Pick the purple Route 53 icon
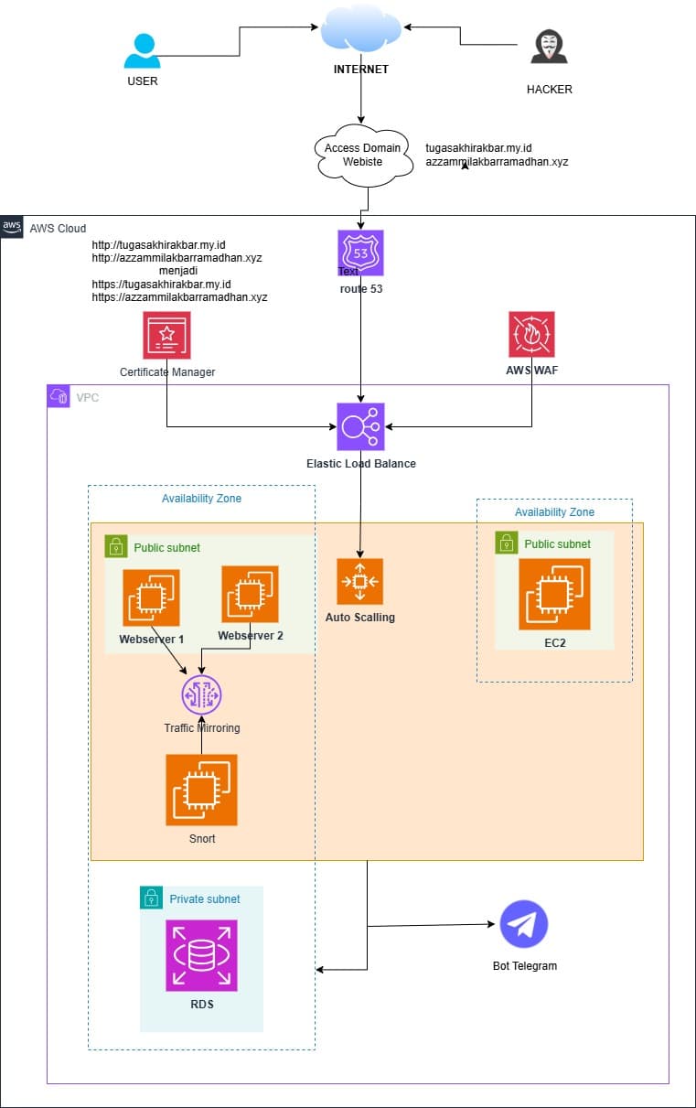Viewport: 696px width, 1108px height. click(x=360, y=253)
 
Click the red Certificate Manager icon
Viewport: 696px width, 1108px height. click(x=166, y=335)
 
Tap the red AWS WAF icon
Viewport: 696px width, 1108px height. click(x=531, y=335)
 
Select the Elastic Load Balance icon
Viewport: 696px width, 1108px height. click(x=360, y=426)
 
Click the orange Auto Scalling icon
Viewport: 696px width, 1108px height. click(x=359, y=582)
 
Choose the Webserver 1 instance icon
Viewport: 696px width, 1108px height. click(x=151, y=597)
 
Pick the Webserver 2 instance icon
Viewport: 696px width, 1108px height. click(x=250, y=594)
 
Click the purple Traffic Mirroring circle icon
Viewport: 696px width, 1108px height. click(x=201, y=696)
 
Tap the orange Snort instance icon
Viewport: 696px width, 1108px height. click(x=201, y=790)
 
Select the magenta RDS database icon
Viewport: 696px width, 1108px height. click(x=201, y=956)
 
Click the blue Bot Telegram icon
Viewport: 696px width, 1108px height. click(x=523, y=924)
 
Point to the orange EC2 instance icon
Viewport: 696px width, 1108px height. click(x=554, y=594)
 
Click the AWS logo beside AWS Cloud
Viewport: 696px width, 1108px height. click(x=12, y=226)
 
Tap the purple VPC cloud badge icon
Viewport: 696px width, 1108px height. click(x=59, y=395)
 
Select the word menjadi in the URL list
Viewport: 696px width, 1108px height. click(x=178, y=271)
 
